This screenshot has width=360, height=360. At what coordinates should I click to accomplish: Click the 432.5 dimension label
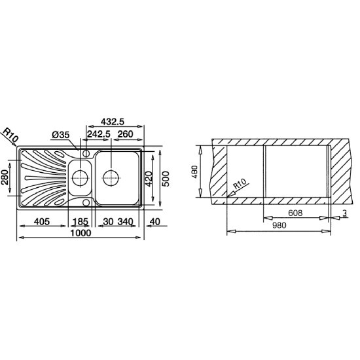[113, 122]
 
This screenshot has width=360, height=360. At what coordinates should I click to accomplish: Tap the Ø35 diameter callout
[60, 135]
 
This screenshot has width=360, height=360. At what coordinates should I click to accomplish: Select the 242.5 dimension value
[99, 134]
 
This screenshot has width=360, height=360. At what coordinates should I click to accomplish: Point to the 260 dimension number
[126, 134]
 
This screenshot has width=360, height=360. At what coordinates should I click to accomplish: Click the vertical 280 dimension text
[5, 177]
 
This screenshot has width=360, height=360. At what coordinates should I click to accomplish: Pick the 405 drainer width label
[42, 221]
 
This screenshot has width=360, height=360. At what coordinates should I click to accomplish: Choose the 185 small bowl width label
[81, 222]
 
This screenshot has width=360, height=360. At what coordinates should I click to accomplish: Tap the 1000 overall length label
[81, 233]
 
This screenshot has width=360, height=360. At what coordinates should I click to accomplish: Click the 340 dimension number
[126, 222]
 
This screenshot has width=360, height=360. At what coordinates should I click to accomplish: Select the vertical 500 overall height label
[166, 179]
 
